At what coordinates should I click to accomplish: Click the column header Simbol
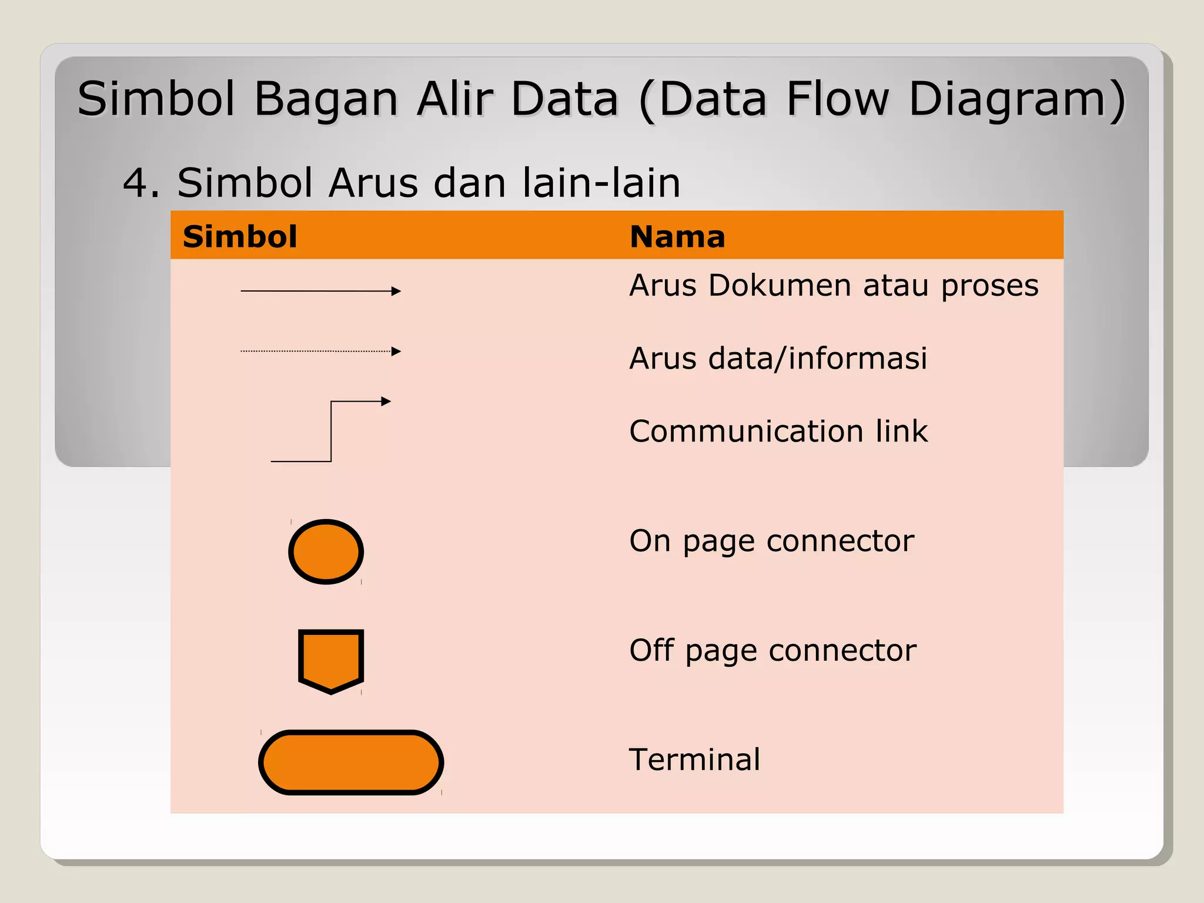[x=240, y=237]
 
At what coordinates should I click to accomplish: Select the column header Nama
[x=677, y=237]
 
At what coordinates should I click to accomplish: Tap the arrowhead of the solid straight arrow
[x=396, y=291]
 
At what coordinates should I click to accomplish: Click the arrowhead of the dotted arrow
[x=396, y=352]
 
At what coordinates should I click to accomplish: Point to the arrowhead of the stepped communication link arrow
[x=386, y=402]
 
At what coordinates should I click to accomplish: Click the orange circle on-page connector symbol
[x=326, y=551]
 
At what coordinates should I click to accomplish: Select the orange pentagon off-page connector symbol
[x=331, y=660]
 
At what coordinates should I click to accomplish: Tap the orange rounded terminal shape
[x=351, y=762]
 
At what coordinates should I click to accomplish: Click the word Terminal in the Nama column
[x=694, y=760]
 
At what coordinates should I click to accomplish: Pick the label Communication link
[x=778, y=431]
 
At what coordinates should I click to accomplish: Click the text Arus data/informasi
[x=778, y=359]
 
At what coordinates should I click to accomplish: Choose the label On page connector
[x=771, y=541]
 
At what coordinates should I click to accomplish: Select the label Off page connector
[x=772, y=651]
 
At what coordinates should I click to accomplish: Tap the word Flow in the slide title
[x=838, y=99]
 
